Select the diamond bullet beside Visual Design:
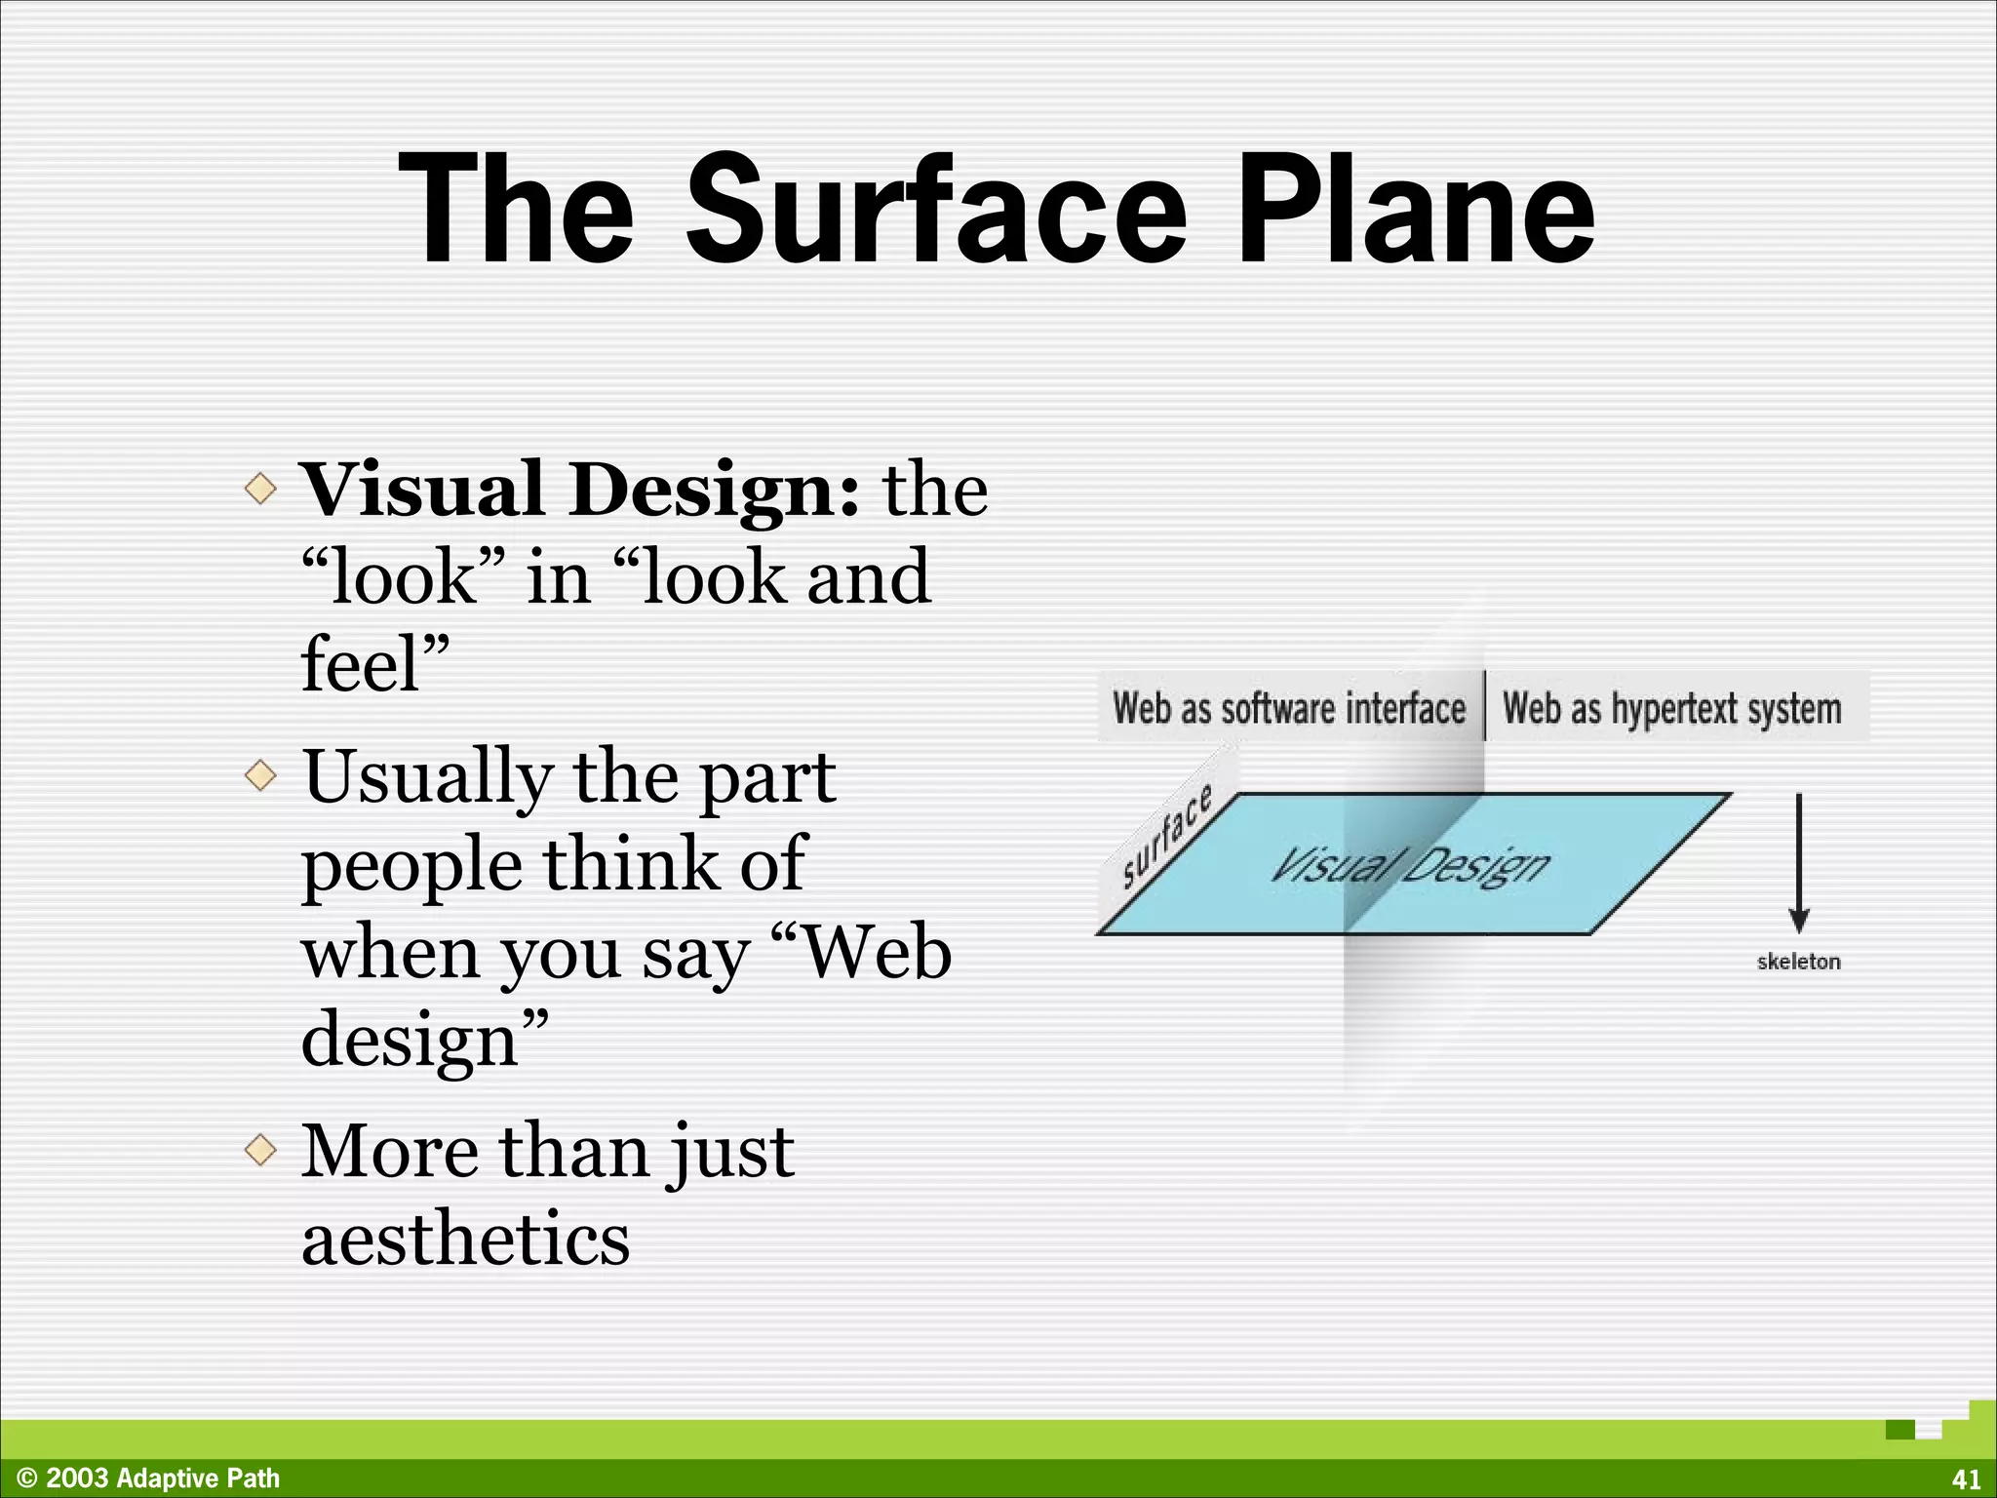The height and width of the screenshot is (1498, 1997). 260,488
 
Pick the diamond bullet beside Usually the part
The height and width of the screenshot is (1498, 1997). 260,776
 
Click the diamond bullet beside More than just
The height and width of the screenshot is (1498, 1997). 260,1150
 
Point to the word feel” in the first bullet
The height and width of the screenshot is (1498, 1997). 375,664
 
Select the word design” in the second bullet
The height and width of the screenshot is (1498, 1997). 424,1040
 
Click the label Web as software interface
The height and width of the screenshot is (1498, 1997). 1289,708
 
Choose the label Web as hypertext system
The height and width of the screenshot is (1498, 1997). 1671,708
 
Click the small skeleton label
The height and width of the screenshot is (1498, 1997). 1799,962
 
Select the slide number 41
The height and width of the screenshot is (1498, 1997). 1966,1479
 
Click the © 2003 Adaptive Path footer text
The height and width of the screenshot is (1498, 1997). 149,1478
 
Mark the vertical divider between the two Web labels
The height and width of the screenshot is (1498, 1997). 1485,706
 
